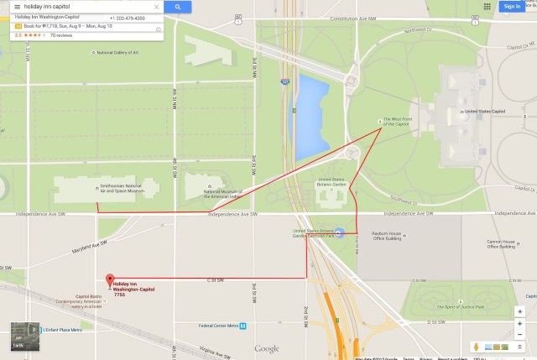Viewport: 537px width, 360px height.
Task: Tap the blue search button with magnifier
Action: pyautogui.click(x=178, y=7)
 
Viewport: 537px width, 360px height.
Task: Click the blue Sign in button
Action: pyautogui.click(x=511, y=7)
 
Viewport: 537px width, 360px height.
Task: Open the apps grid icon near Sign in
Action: pyautogui.click(x=487, y=7)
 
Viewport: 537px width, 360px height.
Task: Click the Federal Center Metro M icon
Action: pyautogui.click(x=242, y=326)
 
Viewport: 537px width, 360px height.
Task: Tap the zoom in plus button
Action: pyautogui.click(x=521, y=312)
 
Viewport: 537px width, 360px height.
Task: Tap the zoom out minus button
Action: pyautogui.click(x=521, y=328)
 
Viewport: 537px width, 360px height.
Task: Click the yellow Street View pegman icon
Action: pyautogui.click(x=475, y=346)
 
